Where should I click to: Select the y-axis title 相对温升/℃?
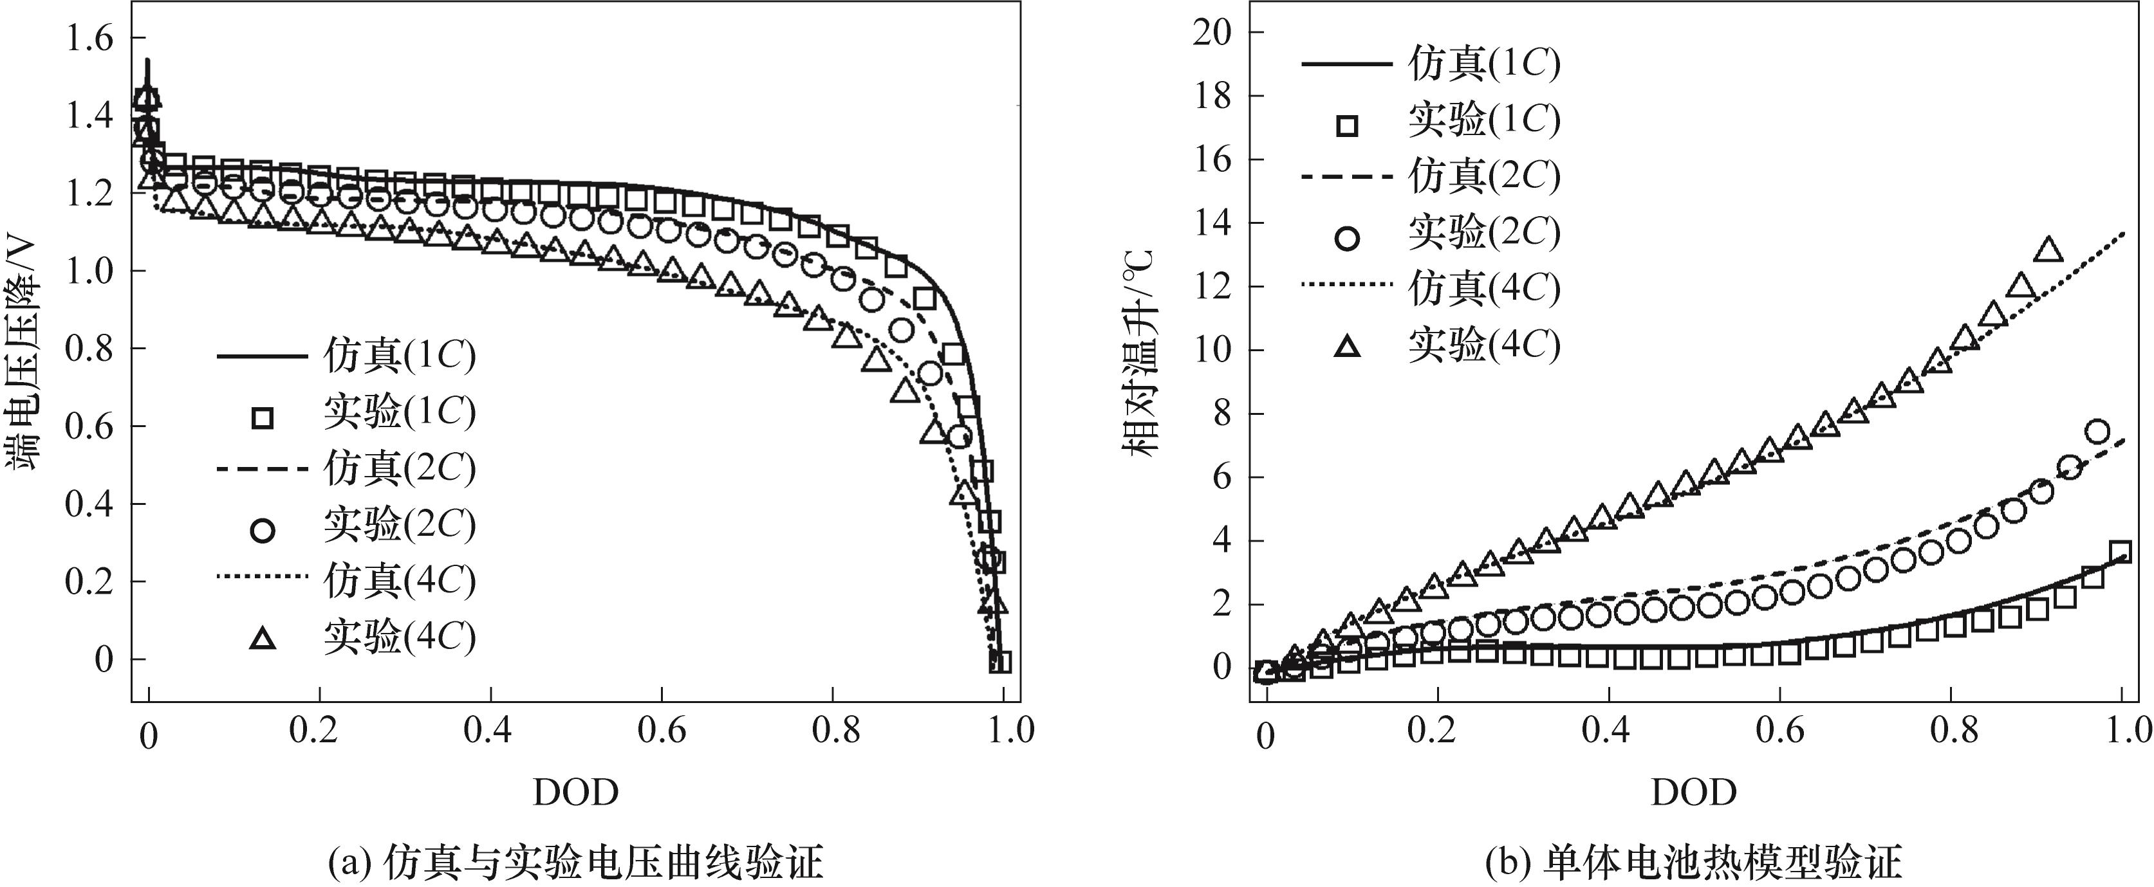(x=1138, y=351)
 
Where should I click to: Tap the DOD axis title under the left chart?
(x=575, y=792)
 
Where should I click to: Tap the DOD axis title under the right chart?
(x=1693, y=792)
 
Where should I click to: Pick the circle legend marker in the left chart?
(x=263, y=530)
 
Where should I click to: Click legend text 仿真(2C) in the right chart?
(x=1484, y=176)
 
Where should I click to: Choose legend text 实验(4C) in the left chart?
(x=400, y=637)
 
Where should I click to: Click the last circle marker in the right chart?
(x=2097, y=432)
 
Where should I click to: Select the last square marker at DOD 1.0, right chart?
(x=2121, y=552)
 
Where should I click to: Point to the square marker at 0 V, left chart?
(x=1000, y=662)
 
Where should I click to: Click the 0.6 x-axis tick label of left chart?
(x=662, y=731)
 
